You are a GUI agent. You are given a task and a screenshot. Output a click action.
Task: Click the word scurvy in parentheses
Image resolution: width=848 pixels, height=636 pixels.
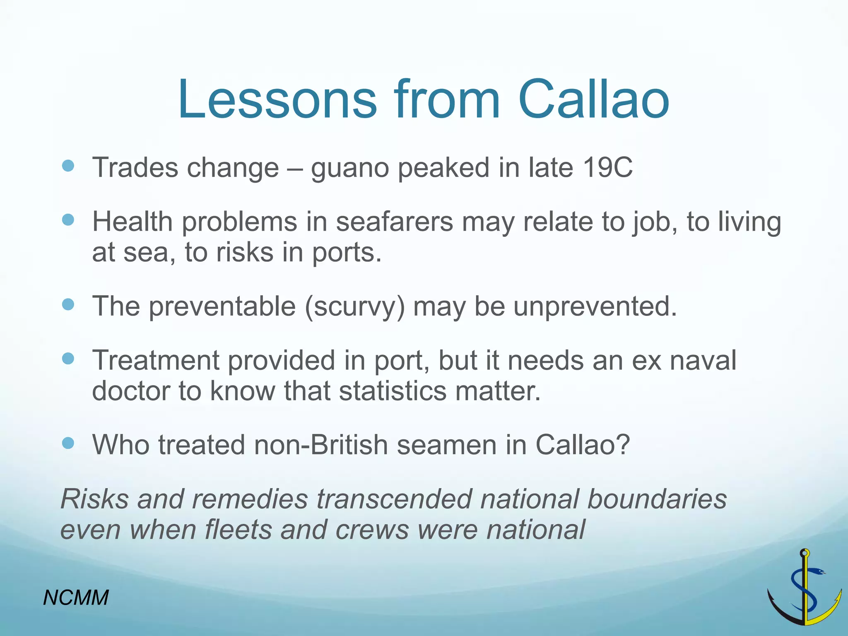(x=354, y=307)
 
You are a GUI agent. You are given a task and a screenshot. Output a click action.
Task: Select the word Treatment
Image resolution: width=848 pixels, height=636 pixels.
(x=155, y=360)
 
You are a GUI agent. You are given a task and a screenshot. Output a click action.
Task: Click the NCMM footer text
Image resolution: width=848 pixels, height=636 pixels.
(x=76, y=598)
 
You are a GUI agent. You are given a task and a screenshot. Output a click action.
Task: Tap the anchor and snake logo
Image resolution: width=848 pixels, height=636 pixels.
(x=804, y=588)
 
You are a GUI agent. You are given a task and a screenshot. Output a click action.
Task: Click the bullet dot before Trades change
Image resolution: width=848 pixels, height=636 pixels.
(x=68, y=166)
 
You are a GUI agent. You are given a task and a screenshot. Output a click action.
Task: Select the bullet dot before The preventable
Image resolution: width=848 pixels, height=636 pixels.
(x=68, y=305)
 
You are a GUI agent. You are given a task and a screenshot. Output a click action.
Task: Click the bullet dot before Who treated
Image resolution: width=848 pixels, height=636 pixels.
(x=68, y=443)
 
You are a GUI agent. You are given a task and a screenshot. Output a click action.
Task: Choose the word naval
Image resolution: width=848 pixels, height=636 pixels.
(x=703, y=360)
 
